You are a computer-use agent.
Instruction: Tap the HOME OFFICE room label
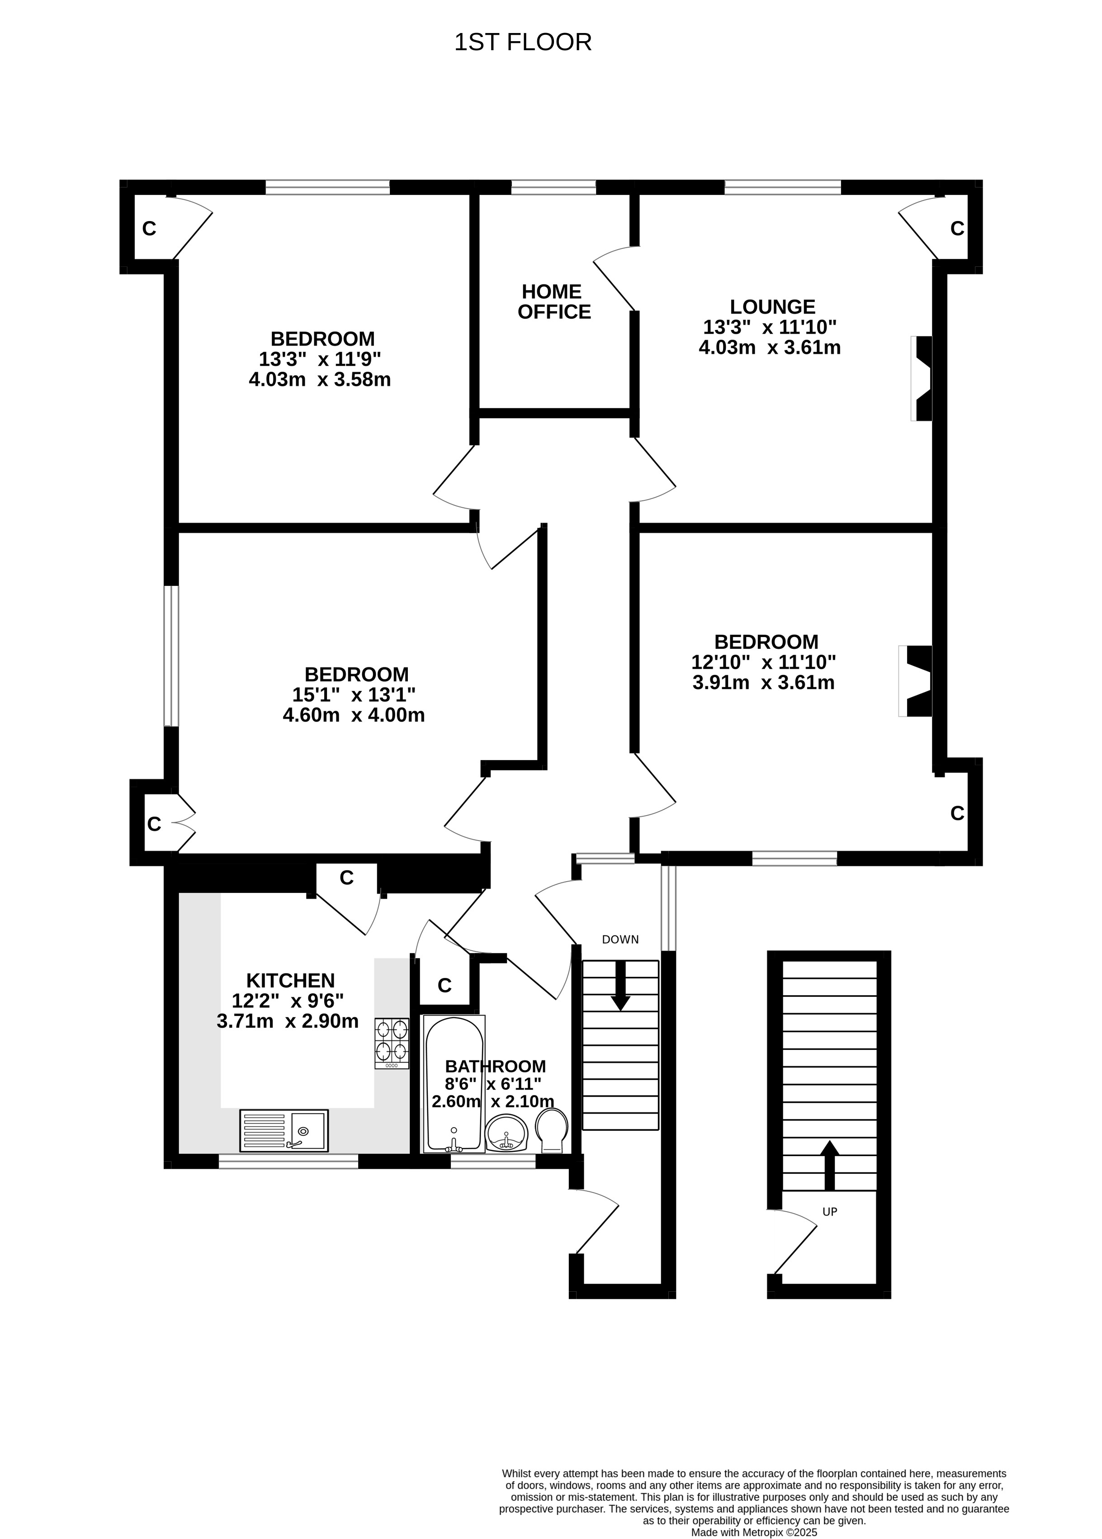tap(554, 302)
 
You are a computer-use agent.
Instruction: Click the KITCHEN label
tap(290, 980)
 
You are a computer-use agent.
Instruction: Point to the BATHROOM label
tap(495, 1066)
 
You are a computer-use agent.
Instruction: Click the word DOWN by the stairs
tap(620, 939)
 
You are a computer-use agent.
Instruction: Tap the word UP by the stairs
tap(829, 1211)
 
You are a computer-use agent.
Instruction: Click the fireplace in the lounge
tap(922, 378)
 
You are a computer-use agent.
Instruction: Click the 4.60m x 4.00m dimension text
tap(354, 715)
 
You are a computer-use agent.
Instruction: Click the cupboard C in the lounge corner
tap(957, 229)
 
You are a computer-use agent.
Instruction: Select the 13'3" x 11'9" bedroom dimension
tap(320, 359)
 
